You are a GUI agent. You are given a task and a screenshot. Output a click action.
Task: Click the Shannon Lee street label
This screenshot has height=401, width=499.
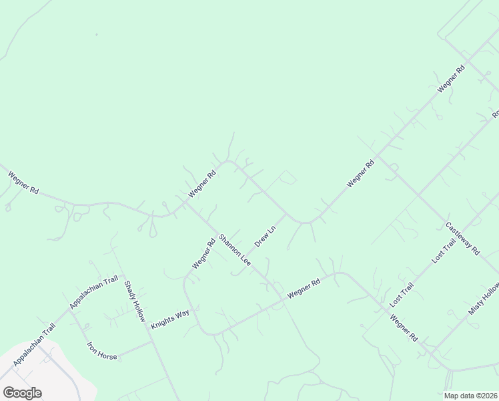click(234, 249)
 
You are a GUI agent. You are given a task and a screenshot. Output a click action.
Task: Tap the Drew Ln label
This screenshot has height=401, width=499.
click(265, 235)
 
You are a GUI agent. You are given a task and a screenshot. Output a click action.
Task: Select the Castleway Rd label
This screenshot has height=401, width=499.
click(462, 239)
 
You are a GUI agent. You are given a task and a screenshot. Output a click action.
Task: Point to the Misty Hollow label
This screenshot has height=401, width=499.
click(483, 299)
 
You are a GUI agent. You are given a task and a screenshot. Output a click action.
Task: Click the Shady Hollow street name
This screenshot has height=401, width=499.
click(134, 301)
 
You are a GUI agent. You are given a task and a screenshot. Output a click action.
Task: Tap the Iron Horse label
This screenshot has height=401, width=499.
click(102, 351)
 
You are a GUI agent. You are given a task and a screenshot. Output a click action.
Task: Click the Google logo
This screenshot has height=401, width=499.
click(22, 393)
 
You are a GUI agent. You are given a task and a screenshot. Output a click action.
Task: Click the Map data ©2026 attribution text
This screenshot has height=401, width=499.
click(471, 396)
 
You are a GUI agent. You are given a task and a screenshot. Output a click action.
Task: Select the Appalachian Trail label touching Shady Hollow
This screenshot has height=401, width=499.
click(94, 292)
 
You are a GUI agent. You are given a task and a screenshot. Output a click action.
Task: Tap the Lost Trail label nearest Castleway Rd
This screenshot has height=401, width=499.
click(443, 249)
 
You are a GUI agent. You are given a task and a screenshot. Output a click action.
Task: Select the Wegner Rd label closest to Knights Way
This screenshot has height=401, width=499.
click(203, 255)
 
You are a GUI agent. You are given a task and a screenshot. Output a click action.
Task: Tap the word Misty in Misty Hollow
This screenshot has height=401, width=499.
click(475, 307)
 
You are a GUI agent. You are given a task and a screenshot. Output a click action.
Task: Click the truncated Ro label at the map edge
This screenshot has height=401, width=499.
click(495, 114)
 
